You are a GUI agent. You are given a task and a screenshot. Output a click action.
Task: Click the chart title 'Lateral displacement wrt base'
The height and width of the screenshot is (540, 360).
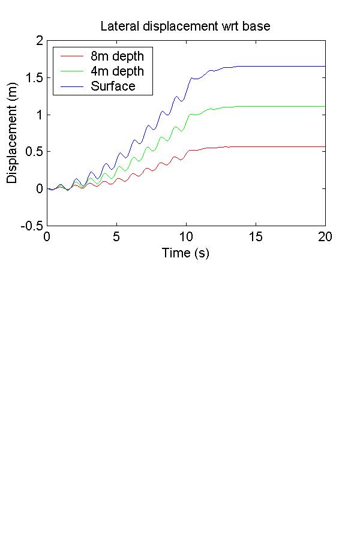(186, 26)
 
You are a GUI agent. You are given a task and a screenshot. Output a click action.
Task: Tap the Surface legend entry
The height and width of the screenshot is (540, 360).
(113, 86)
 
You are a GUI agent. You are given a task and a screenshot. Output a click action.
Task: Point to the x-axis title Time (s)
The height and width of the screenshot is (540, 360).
(185, 253)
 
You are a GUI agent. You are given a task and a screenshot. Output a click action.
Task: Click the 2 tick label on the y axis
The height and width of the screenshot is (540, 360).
(40, 41)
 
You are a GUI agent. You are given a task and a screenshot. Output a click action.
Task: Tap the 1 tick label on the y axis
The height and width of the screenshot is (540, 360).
(40, 115)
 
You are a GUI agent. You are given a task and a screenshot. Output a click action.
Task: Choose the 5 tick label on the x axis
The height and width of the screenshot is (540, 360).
(116, 236)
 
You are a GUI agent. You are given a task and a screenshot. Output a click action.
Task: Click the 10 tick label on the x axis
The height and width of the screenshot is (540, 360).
(186, 236)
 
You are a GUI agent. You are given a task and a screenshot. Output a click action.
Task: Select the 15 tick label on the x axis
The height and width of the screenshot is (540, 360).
(256, 236)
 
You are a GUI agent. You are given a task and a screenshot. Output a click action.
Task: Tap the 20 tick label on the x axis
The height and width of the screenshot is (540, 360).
(325, 236)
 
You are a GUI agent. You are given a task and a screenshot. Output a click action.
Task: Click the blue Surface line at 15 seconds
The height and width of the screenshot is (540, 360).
(256, 66)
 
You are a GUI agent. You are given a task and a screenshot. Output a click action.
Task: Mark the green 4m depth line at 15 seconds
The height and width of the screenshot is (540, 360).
(256, 106)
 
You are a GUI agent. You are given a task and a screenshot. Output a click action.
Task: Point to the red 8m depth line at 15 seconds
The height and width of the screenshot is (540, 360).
(256, 146)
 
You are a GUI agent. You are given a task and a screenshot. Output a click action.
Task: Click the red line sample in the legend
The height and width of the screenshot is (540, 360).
(71, 56)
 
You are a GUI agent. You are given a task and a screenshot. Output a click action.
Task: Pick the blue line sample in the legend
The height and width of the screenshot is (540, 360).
(71, 86)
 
